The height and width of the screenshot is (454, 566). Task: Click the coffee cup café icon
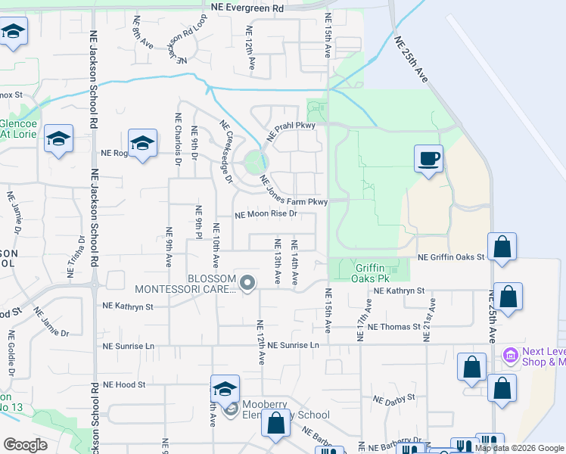[428, 158]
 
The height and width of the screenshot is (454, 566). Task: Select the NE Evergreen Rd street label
[247, 7]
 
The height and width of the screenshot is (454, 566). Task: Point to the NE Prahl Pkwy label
[290, 132]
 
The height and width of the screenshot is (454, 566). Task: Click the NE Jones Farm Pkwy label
[294, 191]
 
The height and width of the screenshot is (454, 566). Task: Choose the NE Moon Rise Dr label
[265, 214]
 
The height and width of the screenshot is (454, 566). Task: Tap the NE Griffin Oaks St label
[450, 257]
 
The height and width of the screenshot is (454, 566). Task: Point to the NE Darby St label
[394, 397]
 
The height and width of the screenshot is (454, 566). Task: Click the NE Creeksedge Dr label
[225, 151]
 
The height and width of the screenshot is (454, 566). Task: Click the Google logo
[25, 444]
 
